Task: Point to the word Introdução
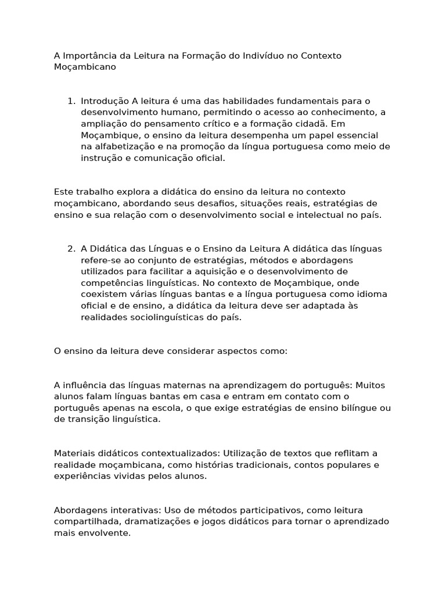[x=105, y=101]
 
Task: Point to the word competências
[x=110, y=282]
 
